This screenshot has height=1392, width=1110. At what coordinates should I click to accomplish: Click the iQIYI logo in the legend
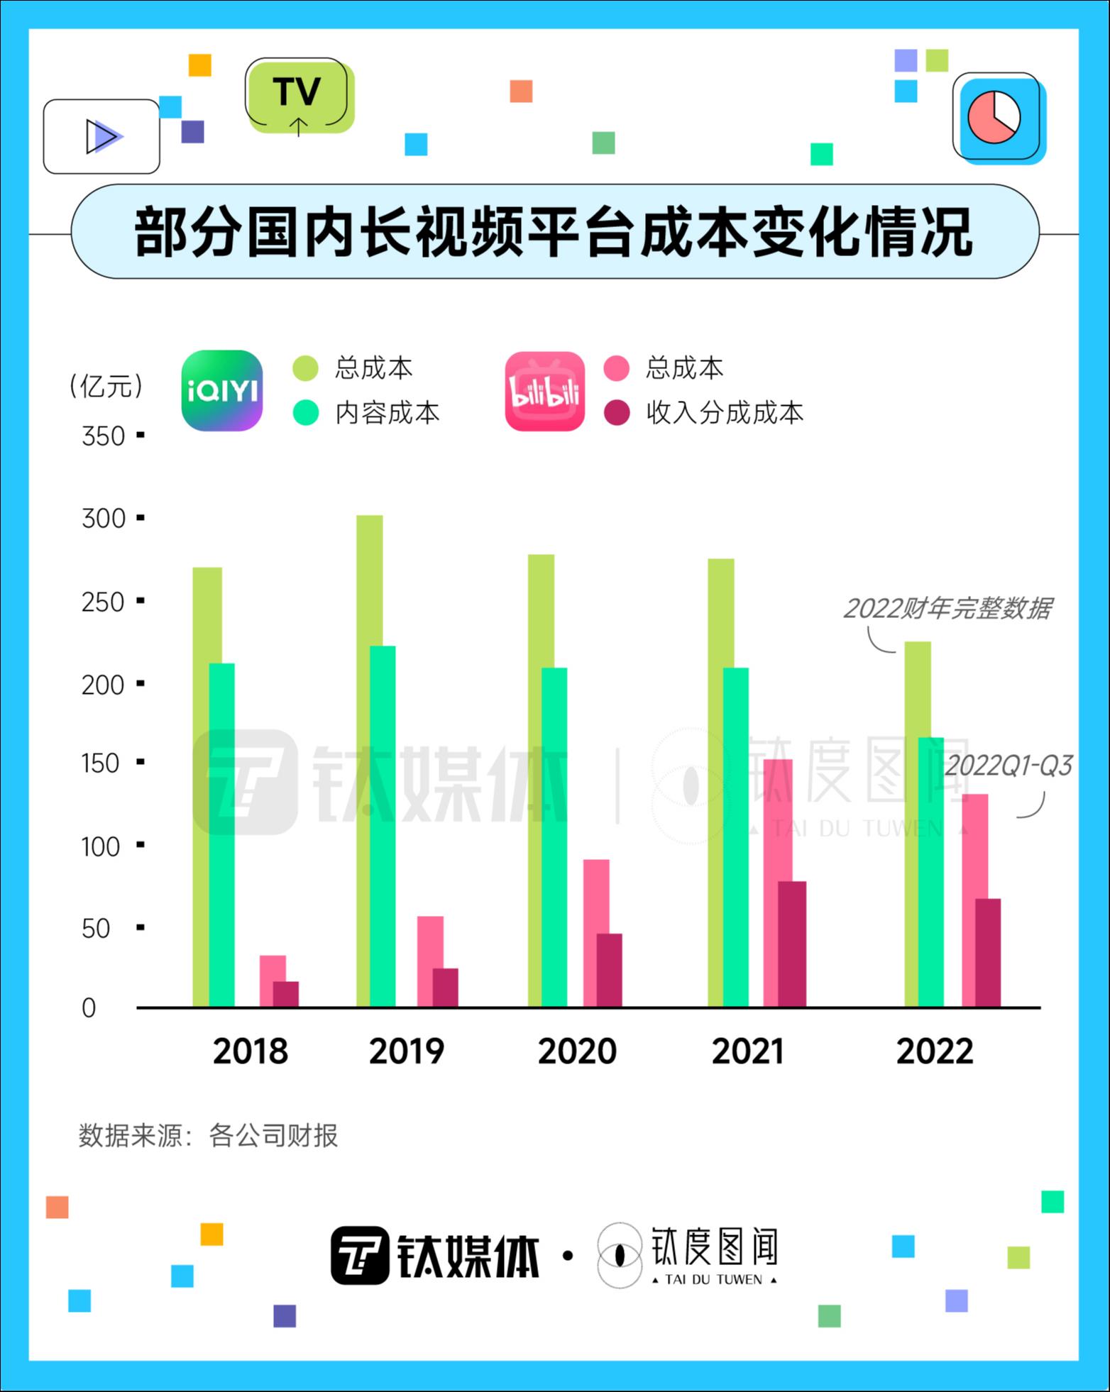222,390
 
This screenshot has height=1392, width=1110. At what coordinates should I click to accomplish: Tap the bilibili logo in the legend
544,391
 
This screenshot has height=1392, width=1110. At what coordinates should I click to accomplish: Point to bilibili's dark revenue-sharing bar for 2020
609,970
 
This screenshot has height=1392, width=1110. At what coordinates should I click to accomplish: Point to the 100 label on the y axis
101,846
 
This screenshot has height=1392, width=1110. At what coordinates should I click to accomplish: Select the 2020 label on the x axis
577,1051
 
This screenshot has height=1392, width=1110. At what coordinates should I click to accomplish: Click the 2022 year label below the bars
934,1051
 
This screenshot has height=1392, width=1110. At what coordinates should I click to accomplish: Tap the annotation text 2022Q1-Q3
1008,766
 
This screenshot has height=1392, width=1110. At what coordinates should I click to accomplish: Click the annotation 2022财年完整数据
947,608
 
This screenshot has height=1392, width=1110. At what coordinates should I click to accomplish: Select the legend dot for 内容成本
306,412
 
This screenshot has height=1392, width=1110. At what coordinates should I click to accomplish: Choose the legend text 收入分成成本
724,412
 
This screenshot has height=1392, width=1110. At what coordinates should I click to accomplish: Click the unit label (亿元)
106,386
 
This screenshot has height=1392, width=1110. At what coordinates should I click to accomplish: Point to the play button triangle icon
102,136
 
